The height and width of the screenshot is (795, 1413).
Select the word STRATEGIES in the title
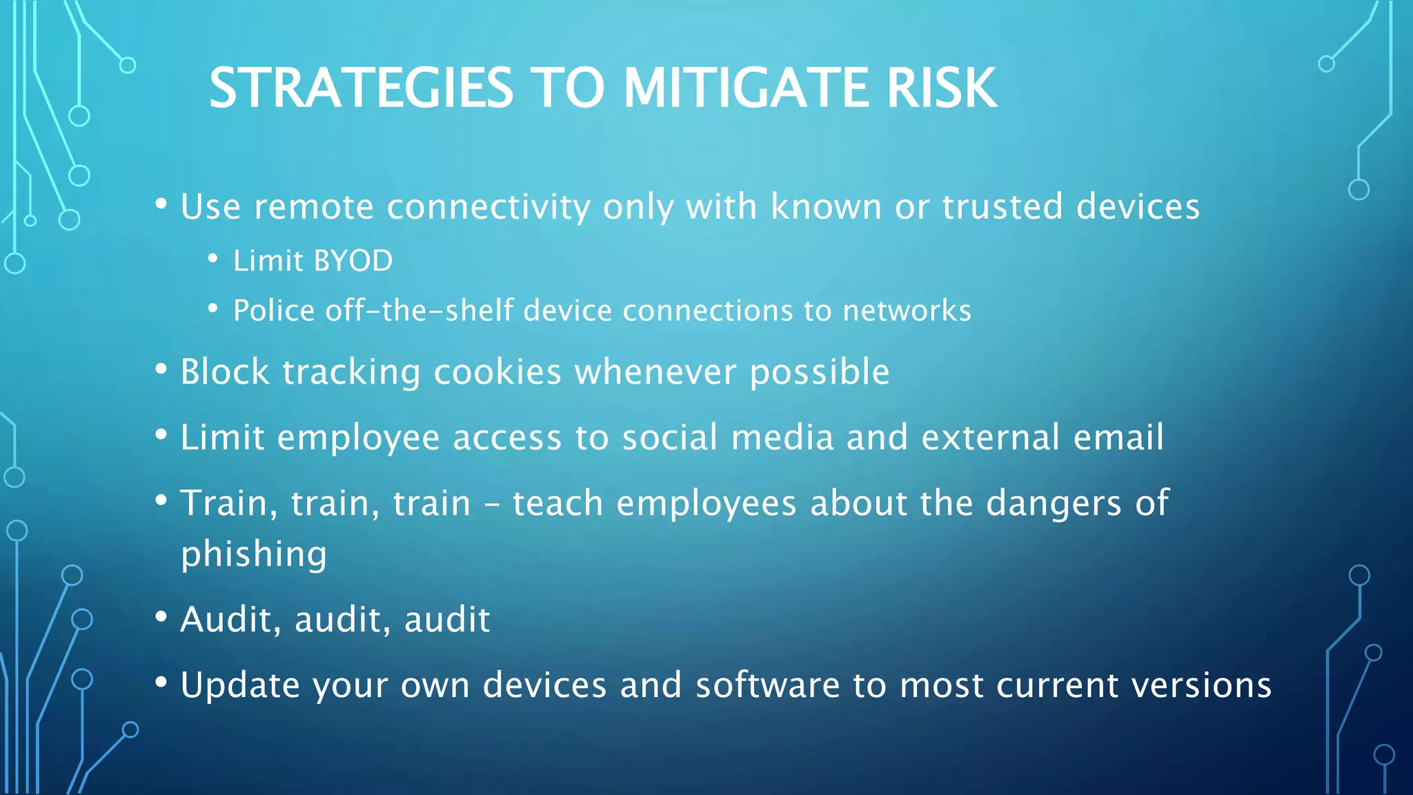pos(361,88)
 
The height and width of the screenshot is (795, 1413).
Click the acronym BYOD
pos(353,261)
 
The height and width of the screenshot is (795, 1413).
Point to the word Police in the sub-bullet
pos(274,311)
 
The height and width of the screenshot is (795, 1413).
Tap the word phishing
pos(253,554)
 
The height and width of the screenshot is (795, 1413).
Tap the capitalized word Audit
pos(226,619)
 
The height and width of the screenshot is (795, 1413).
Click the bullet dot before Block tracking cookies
pos(161,369)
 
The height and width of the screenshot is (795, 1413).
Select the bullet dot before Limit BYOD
pos(213,259)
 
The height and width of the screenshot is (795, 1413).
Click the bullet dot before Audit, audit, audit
pos(161,616)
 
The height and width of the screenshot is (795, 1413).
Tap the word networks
pos(907,311)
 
